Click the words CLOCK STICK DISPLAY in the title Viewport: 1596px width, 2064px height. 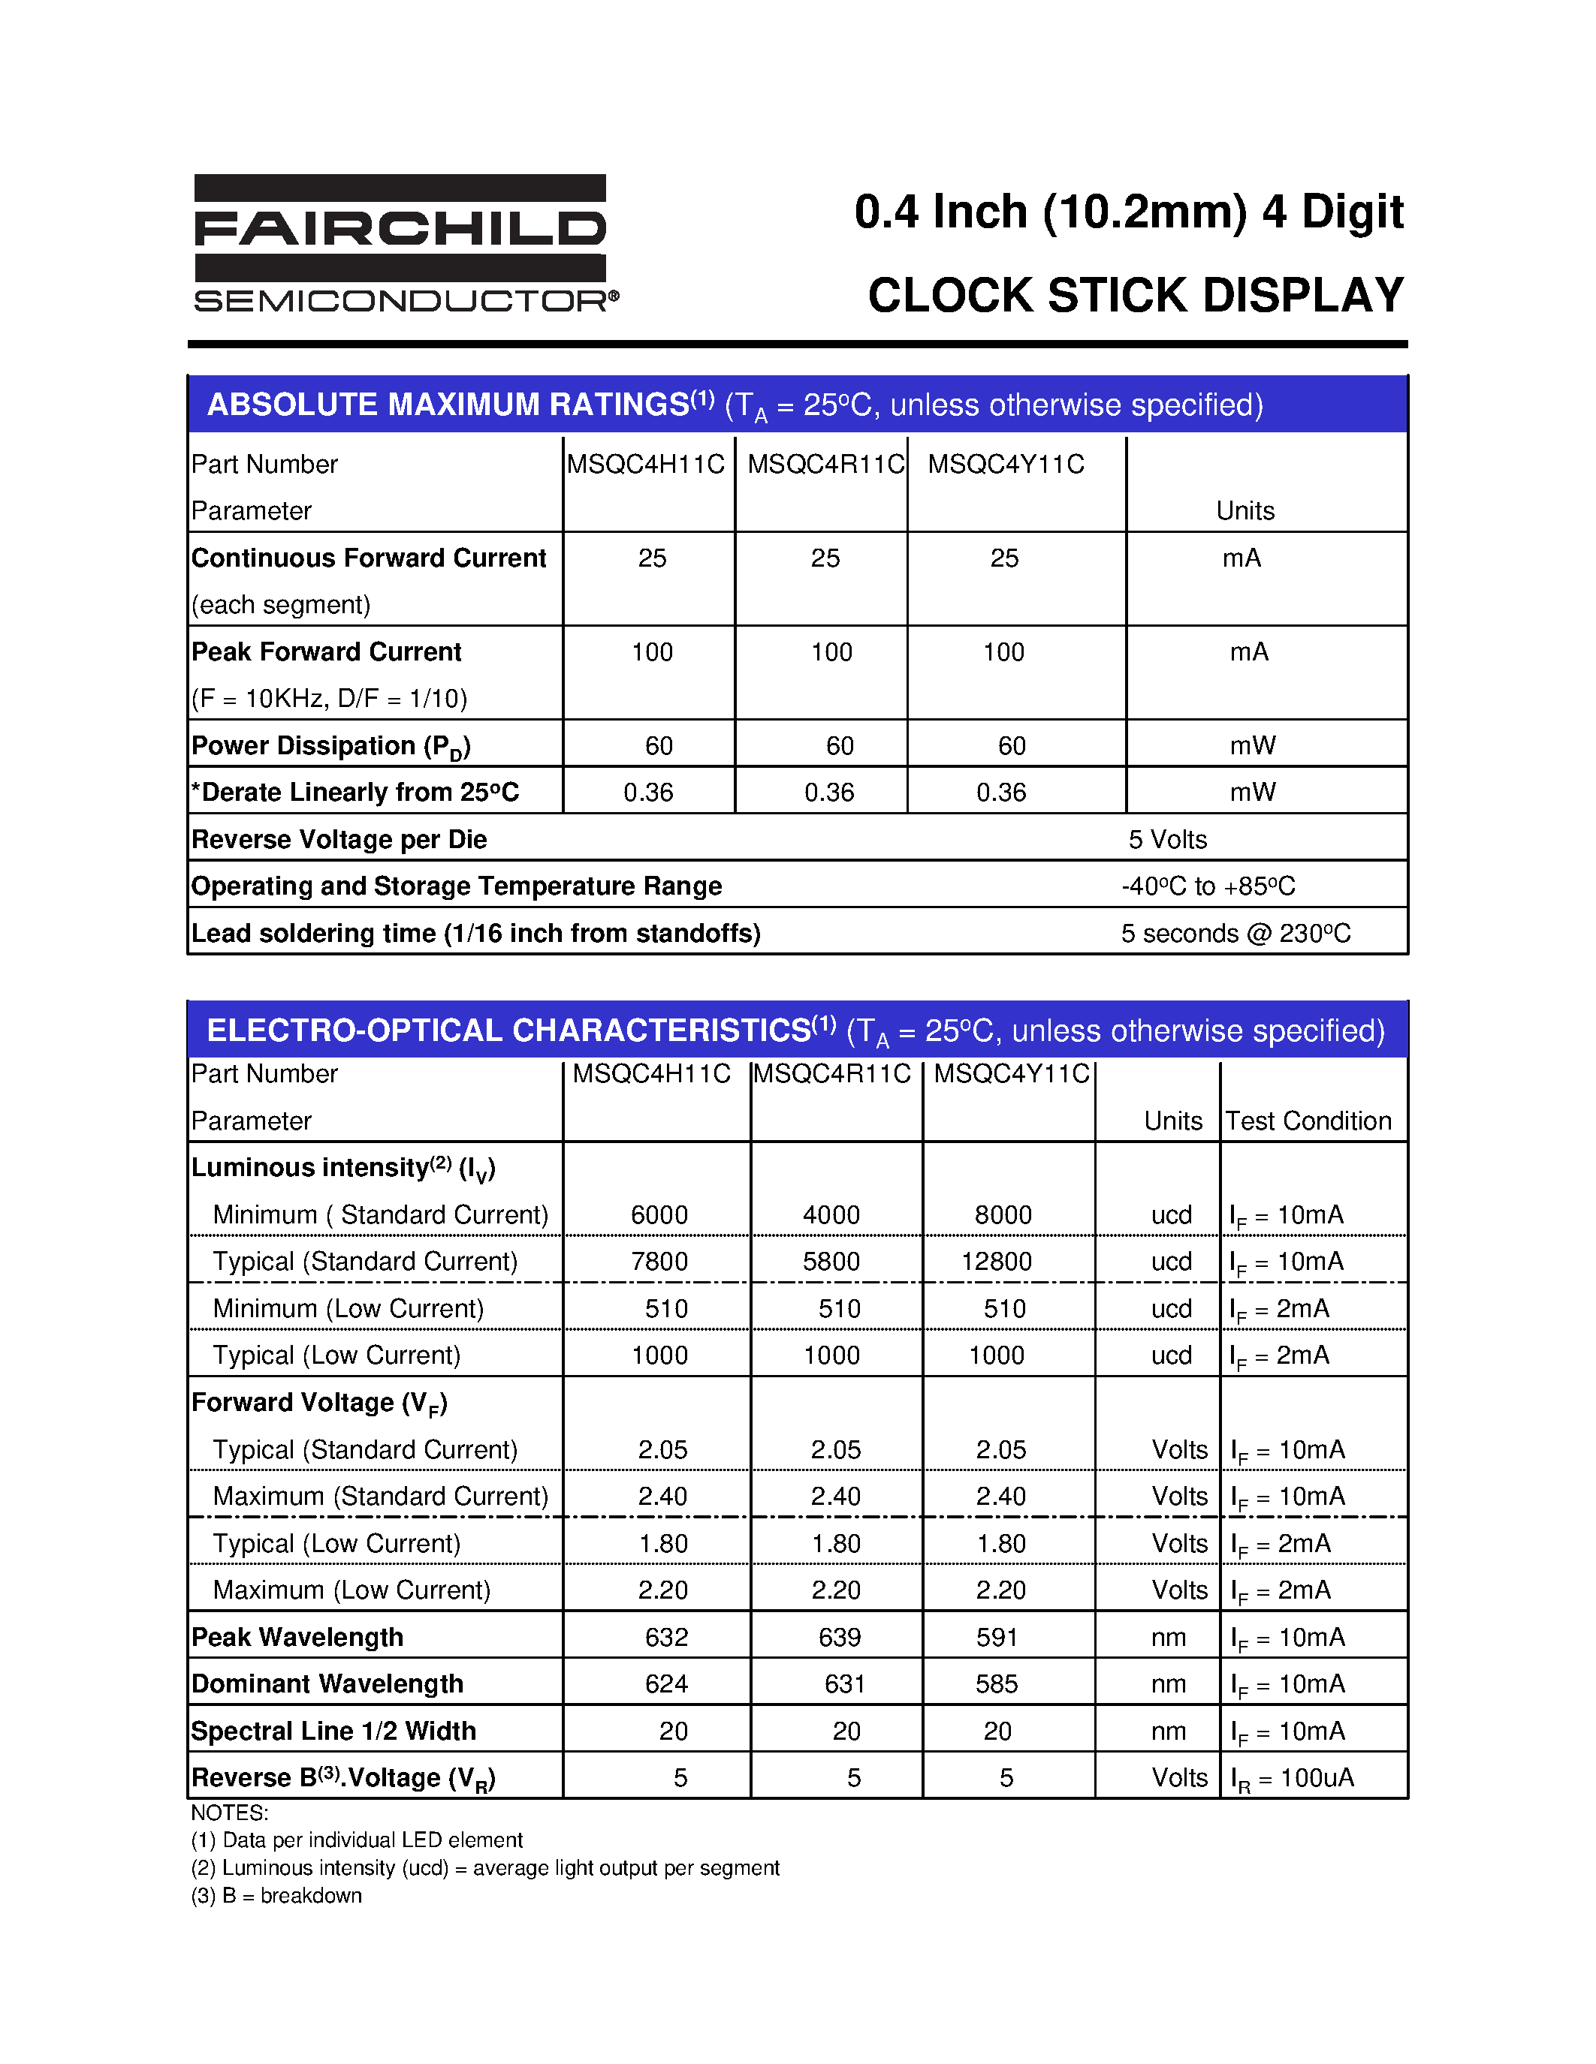(1135, 295)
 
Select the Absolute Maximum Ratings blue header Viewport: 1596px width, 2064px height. (797, 405)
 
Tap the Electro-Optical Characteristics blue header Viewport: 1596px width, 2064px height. (797, 1030)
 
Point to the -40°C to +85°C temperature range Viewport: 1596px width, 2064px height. (1208, 886)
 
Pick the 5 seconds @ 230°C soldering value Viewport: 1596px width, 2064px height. (1235, 934)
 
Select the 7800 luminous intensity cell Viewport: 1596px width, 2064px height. (659, 1262)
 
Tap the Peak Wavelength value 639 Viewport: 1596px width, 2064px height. (839, 1638)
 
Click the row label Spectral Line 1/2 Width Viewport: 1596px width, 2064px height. (333, 1732)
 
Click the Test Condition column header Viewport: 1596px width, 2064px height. (1308, 1121)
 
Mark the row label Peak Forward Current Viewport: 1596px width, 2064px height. (326, 652)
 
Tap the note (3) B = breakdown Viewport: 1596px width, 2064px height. (276, 1896)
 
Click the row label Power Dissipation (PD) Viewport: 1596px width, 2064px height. (331, 747)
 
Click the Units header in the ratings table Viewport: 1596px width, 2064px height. (1245, 511)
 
